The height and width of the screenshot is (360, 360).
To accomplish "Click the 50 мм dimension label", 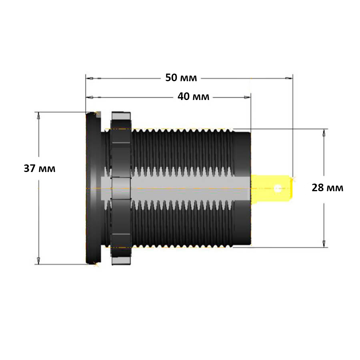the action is [181, 78].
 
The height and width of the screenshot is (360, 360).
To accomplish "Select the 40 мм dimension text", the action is [193, 97].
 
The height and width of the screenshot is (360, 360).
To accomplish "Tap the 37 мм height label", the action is [40, 168].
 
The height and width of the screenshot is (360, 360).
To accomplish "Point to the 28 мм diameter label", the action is [327, 188].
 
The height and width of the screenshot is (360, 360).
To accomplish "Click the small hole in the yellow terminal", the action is [278, 188].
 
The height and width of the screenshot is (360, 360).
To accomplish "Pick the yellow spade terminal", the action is [272, 188].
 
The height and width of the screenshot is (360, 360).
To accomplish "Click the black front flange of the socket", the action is [94, 188].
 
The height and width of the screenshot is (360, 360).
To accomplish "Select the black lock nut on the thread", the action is [121, 188].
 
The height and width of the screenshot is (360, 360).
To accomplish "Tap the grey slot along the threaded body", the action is [174, 188].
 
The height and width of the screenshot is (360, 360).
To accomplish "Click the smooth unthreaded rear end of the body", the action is [242, 188].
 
